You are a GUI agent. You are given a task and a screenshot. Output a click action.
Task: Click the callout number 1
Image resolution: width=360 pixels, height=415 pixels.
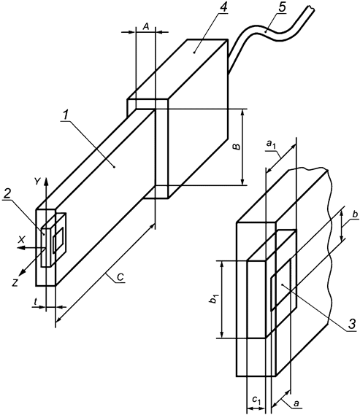[65, 115]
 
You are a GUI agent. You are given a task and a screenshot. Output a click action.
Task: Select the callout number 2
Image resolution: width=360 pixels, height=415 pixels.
[8, 194]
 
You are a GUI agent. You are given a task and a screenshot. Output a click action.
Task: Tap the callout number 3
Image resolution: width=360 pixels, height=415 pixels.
[351, 324]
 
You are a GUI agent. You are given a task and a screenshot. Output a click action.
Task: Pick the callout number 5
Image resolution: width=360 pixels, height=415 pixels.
[282, 7]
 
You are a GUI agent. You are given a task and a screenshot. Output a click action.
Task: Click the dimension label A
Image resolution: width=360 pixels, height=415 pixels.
[146, 26]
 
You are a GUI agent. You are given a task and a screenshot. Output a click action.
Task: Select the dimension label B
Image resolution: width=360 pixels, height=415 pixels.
[237, 147]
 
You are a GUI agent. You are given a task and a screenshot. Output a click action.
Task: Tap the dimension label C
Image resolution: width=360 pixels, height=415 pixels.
[120, 277]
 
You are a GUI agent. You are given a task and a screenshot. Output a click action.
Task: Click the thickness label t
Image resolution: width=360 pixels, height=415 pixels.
[36, 301]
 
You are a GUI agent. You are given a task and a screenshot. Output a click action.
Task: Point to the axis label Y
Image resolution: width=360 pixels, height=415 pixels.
[37, 182]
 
